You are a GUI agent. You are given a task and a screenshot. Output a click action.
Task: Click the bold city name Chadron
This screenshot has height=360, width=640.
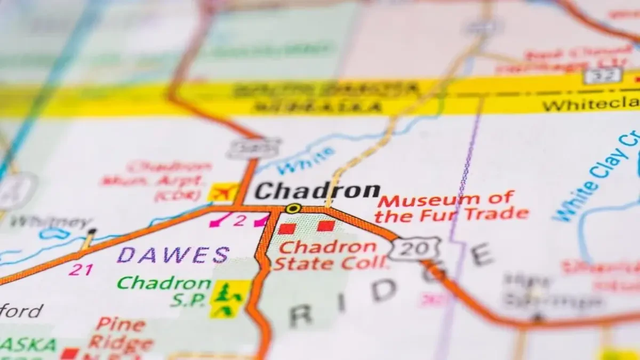[x=317, y=191]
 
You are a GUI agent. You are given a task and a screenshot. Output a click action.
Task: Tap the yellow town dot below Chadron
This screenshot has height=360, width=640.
[x=292, y=209]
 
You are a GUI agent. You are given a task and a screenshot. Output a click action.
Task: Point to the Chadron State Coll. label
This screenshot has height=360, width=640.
[x=330, y=255]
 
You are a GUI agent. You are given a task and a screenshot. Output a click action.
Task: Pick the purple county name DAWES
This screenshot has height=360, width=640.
[x=173, y=255]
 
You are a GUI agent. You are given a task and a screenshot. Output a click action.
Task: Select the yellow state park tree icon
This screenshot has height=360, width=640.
[x=229, y=299]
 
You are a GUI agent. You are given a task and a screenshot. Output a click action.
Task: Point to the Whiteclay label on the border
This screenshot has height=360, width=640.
[x=589, y=105]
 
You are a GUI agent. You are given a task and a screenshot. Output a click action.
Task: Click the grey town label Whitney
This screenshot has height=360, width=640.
[x=51, y=222]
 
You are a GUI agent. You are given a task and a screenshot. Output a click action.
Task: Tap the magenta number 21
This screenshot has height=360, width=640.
[x=81, y=270]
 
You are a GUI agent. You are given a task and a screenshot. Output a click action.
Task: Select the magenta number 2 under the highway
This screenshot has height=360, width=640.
[x=239, y=220]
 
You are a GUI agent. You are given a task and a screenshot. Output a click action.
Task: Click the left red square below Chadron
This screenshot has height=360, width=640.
[x=287, y=229]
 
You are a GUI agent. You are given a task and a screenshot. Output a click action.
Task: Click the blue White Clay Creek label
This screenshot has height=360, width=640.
[x=597, y=176]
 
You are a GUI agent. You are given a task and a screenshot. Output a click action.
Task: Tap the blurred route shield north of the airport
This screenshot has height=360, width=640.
[x=254, y=148]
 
